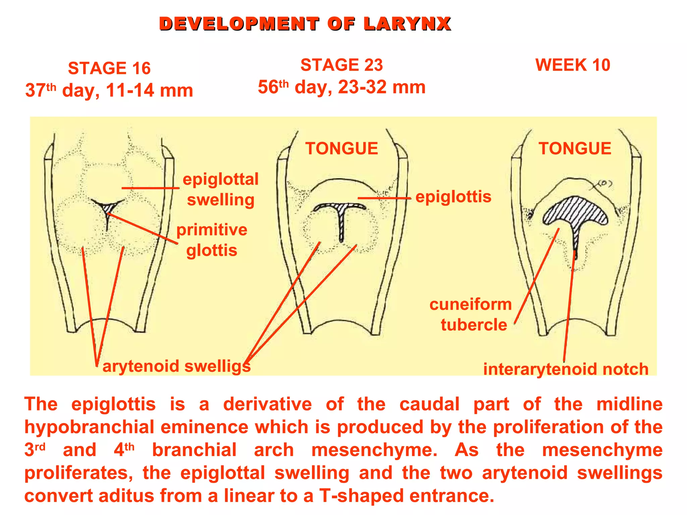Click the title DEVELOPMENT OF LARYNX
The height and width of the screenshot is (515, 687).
pos(305,24)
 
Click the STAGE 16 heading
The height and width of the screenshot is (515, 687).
pos(109,68)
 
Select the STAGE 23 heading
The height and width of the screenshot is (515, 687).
pos(341,65)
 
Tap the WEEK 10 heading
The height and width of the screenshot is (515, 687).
pos(573,65)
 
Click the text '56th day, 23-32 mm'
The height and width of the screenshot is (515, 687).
pos(341,87)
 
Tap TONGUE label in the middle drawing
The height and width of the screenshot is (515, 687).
pos(341,149)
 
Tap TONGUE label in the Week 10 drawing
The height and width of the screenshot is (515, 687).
pos(575,149)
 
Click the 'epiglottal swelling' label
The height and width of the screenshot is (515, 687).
pos(220,189)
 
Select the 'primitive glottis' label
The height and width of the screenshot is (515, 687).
pos(212,240)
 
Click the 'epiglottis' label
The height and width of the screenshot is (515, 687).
pos(453,196)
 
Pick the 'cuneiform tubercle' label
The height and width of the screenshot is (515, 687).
pos(471,314)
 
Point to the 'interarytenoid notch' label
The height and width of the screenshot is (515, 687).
pos(566,369)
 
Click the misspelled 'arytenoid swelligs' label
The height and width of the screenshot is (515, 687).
pos(176,366)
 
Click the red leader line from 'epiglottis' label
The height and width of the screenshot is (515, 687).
pos(384,198)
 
